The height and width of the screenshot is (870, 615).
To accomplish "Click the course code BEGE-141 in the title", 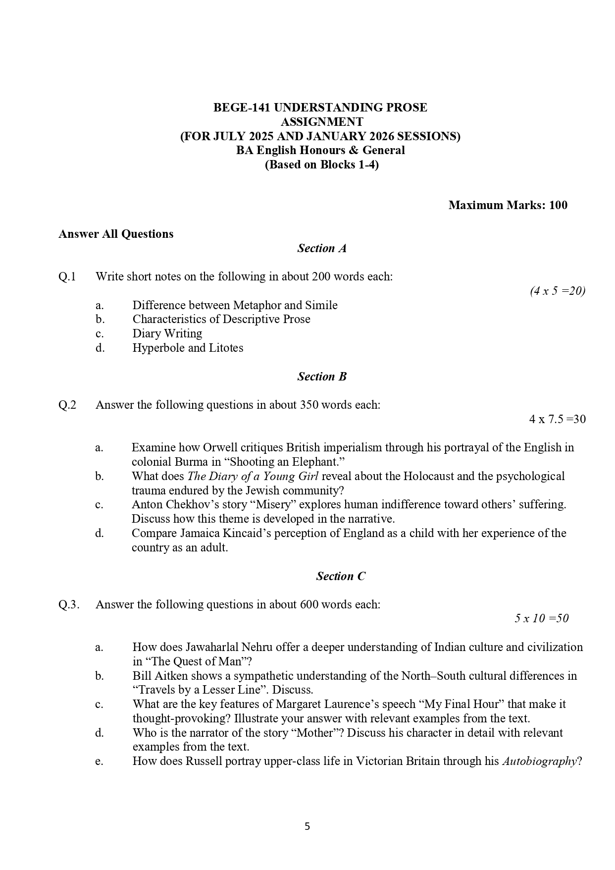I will tap(241, 108).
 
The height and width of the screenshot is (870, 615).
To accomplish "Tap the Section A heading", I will tap(322, 248).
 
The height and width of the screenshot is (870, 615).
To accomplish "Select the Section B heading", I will tap(322, 377).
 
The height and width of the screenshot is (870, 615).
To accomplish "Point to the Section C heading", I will tap(341, 576).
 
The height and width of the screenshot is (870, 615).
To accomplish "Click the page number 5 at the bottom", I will tap(307, 826).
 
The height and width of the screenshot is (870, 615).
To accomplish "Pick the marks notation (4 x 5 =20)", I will tap(557, 291).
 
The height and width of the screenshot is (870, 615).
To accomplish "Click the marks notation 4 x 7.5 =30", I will tap(557, 419).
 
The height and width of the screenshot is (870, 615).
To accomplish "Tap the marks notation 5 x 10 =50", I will tap(541, 618).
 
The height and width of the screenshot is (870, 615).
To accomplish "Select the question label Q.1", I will tap(67, 276).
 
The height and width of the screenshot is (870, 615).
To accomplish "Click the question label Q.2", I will tap(67, 405).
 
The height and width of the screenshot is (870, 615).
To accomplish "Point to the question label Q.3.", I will tap(69, 604).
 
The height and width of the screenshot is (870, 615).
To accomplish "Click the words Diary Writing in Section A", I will tap(167, 333).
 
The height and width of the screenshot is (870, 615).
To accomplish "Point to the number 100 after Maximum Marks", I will tap(558, 205).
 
